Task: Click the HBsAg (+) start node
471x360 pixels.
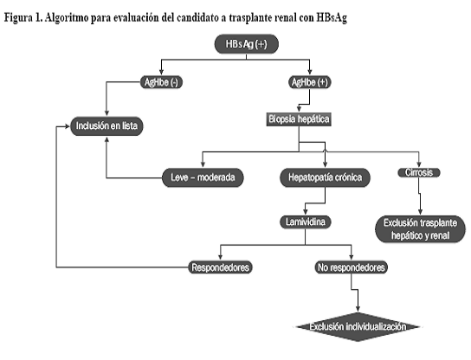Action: (246, 44)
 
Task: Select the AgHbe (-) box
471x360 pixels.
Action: (161, 82)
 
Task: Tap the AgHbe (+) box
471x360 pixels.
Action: (310, 82)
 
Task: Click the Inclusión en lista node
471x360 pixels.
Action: (106, 125)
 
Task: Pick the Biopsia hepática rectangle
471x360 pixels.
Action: (299, 119)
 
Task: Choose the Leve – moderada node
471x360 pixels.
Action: (203, 177)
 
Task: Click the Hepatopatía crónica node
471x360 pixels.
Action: (325, 177)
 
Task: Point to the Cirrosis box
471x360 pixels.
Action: (419, 172)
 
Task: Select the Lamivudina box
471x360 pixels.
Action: (306, 222)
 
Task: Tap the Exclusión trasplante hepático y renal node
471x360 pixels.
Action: (420, 229)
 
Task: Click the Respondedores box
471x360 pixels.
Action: (220, 267)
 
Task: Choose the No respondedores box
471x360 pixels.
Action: (352, 267)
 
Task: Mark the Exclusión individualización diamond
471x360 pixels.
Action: (358, 326)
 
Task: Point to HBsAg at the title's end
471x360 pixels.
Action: (332, 18)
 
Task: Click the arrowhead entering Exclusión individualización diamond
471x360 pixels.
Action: (358, 309)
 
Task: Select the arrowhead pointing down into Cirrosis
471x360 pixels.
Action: (419, 164)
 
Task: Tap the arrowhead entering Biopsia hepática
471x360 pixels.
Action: (299, 109)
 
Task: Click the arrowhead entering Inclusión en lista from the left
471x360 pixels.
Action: (68, 126)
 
